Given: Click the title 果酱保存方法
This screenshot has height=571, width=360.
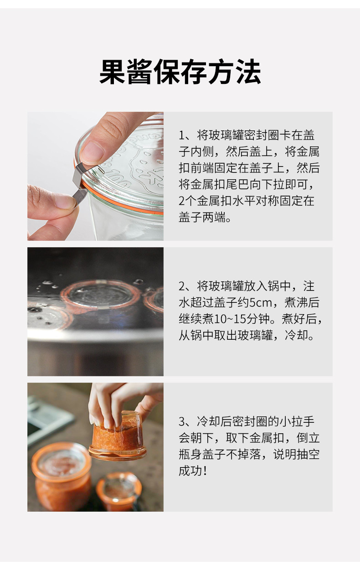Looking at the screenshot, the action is click(180, 72).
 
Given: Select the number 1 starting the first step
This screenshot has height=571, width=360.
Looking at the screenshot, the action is click(181, 135).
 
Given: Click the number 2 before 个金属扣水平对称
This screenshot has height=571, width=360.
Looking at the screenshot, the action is click(181, 201).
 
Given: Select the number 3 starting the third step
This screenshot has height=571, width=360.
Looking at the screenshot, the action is click(181, 422).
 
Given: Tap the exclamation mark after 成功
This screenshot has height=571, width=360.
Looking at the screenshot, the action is click(206, 471).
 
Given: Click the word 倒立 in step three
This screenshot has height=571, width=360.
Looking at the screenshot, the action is click(308, 438).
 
